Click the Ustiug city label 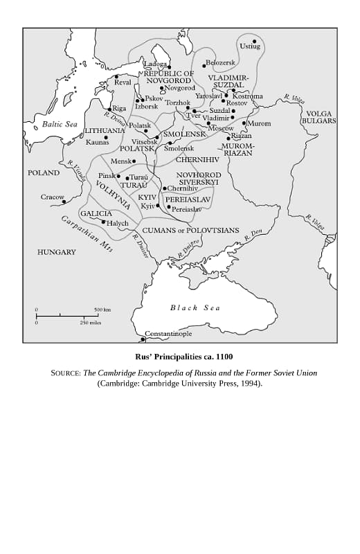click(250, 46)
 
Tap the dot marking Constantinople click(143, 339)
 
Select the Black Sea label click(195, 307)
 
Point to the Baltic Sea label click(60, 124)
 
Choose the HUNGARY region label click(57, 252)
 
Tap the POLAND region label click(44, 172)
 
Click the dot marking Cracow click(64, 202)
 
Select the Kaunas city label click(98, 143)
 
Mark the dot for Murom click(244, 123)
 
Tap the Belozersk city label click(221, 63)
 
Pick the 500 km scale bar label click(102, 310)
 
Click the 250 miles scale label click(91, 323)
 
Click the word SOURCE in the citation click(66, 373)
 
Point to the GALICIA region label click(96, 213)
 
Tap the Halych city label click(117, 223)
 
